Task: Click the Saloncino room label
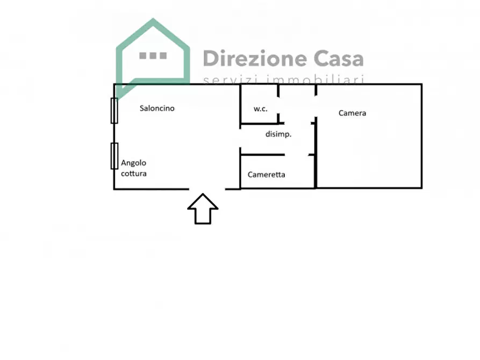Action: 157,108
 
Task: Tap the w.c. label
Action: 261,109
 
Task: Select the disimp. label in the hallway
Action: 278,134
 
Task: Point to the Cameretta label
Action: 266,175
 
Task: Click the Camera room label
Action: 353,113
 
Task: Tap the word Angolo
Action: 133,163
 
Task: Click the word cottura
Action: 134,174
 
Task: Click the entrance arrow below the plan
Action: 203,209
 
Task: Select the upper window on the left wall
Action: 114,111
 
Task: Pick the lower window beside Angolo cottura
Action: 114,156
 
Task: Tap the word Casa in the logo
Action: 339,59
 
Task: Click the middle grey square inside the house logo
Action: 153,55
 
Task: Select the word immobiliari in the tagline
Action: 316,80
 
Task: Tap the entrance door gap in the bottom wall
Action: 207,189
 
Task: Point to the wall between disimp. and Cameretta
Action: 263,155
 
